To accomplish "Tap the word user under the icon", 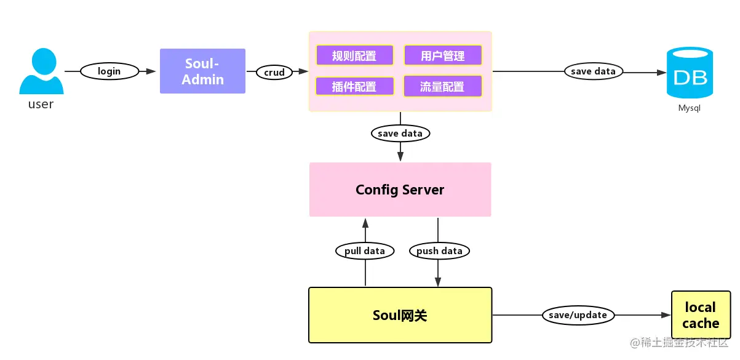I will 41,104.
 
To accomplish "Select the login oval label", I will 109,71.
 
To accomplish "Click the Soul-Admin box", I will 202,71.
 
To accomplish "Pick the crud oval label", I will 274,72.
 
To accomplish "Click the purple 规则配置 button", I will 354,55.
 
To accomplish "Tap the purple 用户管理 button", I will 442,55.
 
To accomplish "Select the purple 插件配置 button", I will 354,86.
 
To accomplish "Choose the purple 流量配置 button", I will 442,86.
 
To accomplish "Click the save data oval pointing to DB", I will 593,71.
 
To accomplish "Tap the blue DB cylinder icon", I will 690,73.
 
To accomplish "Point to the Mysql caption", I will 690,108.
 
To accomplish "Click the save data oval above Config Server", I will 400,133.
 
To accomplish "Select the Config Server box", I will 400,190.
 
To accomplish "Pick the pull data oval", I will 365,250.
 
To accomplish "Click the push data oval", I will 439,250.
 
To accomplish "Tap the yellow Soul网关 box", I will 400,315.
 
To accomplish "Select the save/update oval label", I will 578,315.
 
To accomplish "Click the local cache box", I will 701,315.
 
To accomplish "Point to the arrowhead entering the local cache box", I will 666,315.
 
